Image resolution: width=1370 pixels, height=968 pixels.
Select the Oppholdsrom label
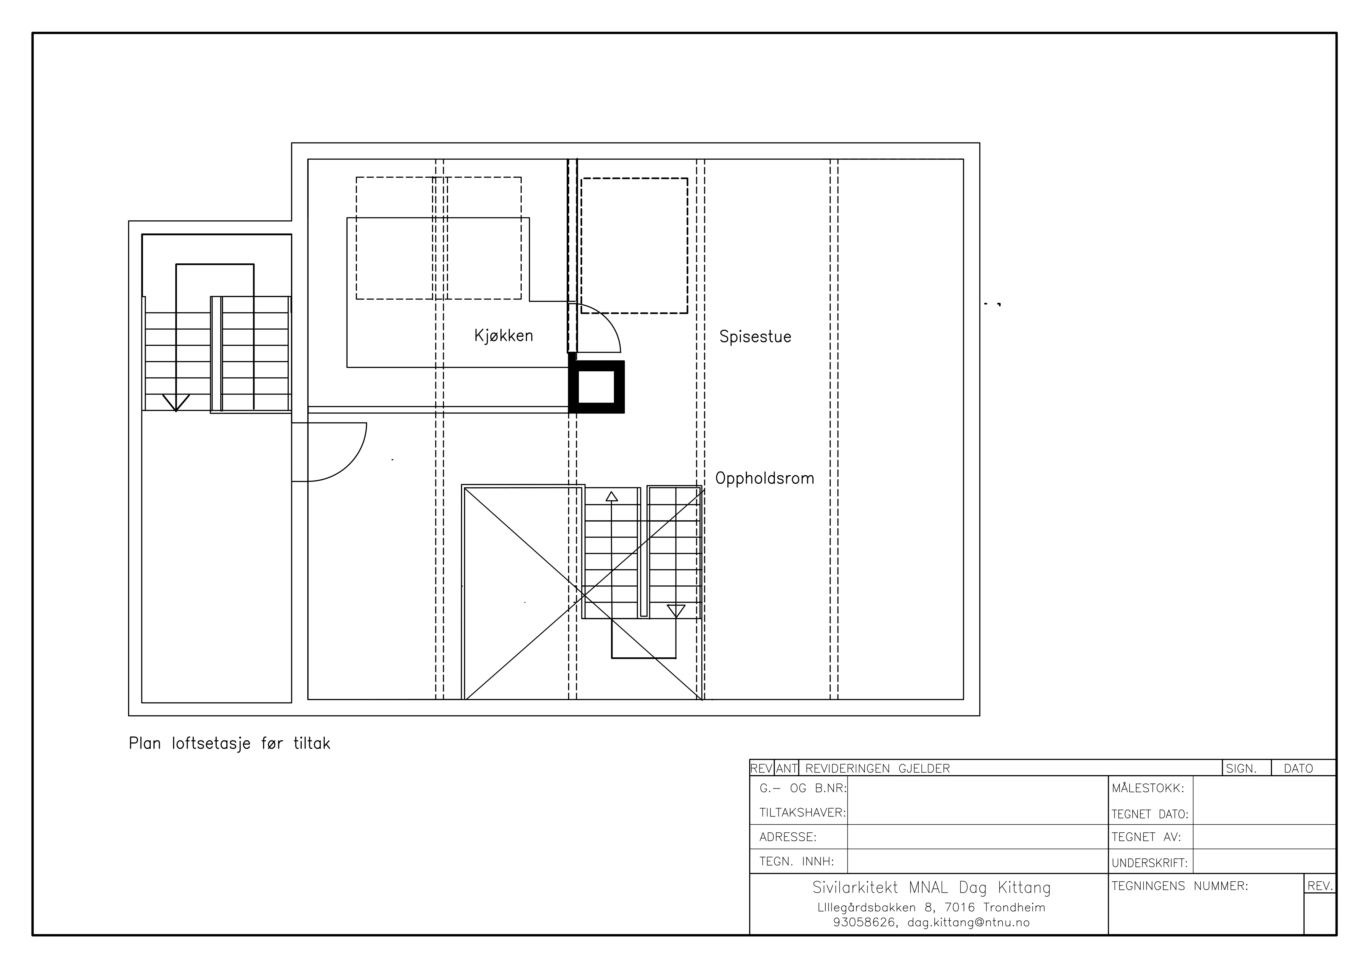pyautogui.click(x=764, y=478)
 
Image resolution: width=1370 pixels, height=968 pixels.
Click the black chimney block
pyautogui.click(x=596, y=386)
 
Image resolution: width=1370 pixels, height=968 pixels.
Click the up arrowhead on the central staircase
pyautogui.click(x=612, y=496)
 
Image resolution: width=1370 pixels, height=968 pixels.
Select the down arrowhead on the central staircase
pyautogui.click(x=675, y=611)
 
